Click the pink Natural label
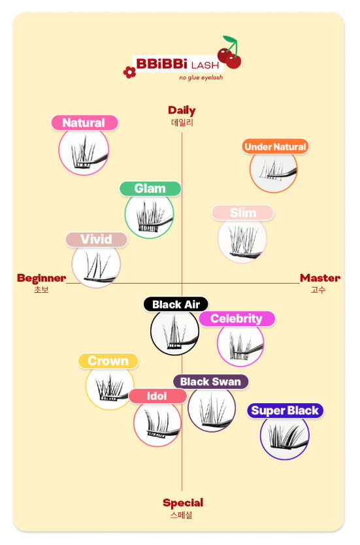coord(84,123)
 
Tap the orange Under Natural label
coord(275,146)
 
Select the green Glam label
coord(150,188)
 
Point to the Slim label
coord(243,213)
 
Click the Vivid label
coord(96,239)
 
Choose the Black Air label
coord(176,305)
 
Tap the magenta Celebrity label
coord(237,318)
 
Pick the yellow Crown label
coord(108,361)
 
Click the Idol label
coord(157,396)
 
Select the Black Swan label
coord(210,382)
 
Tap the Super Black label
coord(285,410)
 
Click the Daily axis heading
coord(182,110)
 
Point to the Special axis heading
coord(183,503)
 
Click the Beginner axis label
coord(41,278)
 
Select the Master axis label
coord(320,278)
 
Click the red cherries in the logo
coord(230,53)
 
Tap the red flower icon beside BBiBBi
coord(129,73)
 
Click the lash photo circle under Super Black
coord(285,437)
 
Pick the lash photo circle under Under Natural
coord(274,171)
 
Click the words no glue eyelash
coord(201,78)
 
